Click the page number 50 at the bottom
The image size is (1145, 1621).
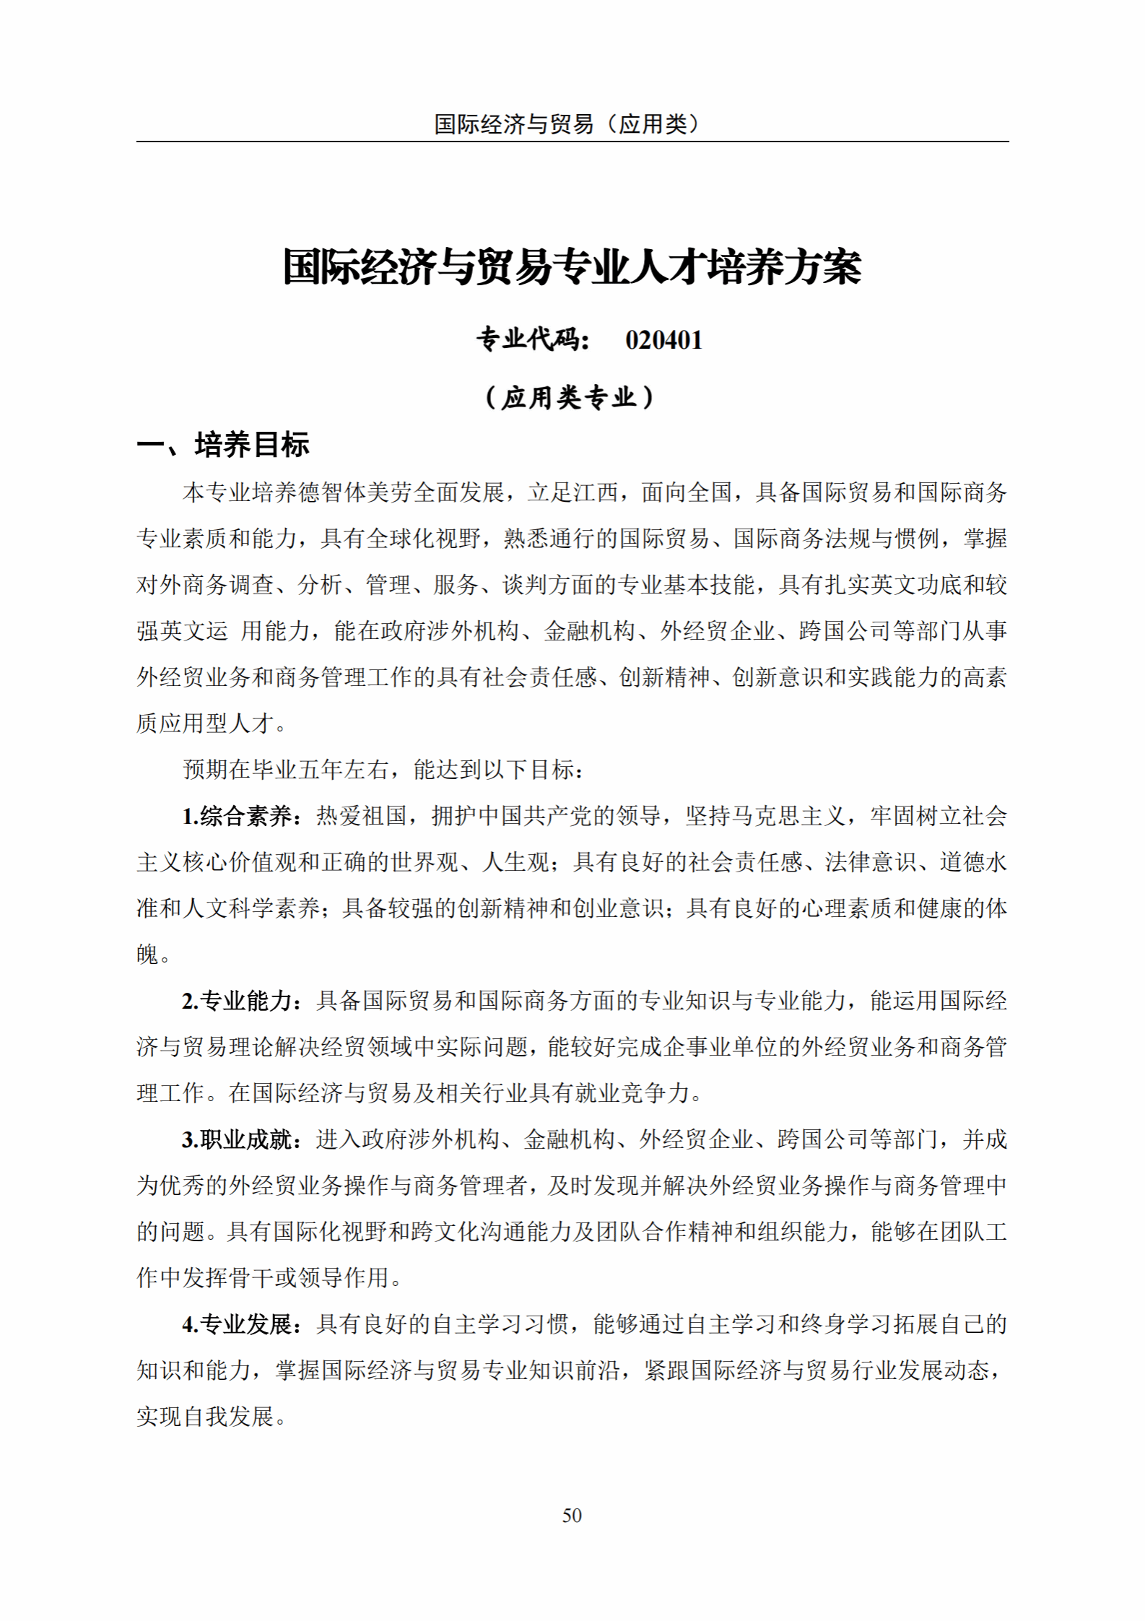click(572, 1515)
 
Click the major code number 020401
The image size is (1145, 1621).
click(663, 340)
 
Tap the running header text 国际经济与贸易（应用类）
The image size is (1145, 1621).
click(567, 124)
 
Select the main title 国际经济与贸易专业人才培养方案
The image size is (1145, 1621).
click(572, 267)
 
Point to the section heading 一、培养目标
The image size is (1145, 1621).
click(223, 445)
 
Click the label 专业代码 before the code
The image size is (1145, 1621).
click(532, 339)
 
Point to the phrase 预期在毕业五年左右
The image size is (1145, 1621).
click(286, 770)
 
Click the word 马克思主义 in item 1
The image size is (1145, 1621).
click(788, 817)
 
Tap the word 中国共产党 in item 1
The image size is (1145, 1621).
click(535, 817)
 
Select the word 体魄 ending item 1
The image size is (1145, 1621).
click(148, 955)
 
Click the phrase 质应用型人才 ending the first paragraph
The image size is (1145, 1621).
click(205, 723)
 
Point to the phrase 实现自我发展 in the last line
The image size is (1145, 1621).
click(205, 1417)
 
